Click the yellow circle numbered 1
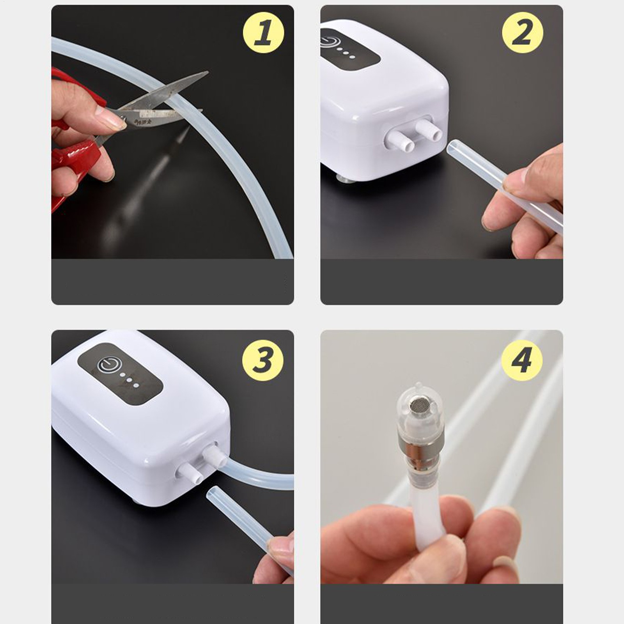(263, 32)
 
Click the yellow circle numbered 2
(522, 32)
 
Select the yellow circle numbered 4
(521, 360)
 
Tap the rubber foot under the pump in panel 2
(345, 179)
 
